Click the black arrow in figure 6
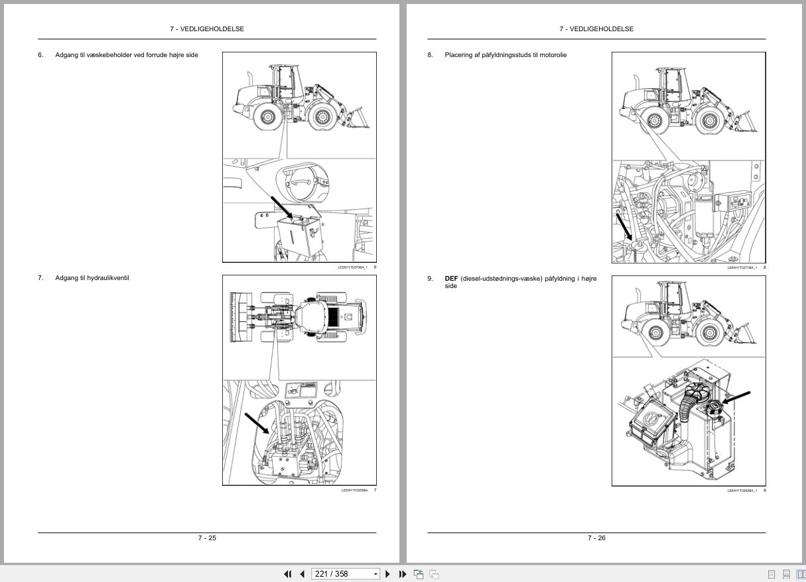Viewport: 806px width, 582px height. coord(282,207)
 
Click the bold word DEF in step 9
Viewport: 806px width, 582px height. coord(451,279)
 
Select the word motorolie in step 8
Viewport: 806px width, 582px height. coord(553,55)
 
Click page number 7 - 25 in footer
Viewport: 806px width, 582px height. coord(207,538)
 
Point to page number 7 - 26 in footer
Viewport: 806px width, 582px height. coord(596,538)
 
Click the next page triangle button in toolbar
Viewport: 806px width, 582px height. coord(388,574)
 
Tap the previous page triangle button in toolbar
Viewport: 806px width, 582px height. coord(302,574)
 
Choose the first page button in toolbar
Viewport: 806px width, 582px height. coord(288,574)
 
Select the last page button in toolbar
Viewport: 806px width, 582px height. coord(403,574)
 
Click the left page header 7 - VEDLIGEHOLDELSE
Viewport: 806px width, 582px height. coord(207,29)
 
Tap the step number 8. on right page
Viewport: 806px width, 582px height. coord(430,55)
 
